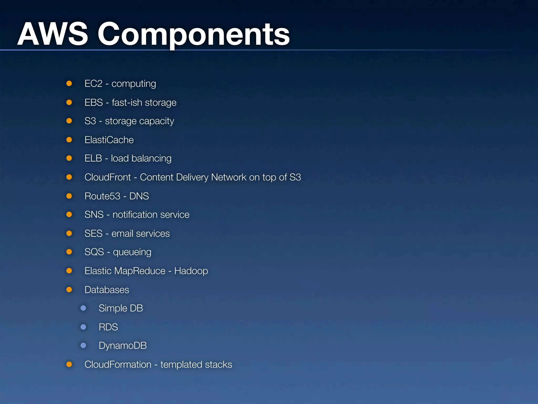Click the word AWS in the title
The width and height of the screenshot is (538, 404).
(53, 34)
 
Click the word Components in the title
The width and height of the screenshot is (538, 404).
(194, 34)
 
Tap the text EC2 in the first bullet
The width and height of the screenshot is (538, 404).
(93, 84)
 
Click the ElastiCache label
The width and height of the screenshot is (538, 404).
(109, 140)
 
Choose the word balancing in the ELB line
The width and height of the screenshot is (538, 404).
(151, 158)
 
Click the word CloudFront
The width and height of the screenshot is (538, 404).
(108, 177)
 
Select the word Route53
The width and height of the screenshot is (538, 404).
(102, 196)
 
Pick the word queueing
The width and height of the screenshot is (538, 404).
(132, 252)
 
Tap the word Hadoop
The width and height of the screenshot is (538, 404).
(191, 271)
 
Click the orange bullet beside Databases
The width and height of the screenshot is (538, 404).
(69, 290)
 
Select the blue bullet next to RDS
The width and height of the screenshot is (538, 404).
(83, 327)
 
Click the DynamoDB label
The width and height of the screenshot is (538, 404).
(123, 346)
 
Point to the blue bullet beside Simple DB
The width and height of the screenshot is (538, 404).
(83, 308)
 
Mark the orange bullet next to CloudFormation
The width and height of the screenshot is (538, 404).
(69, 364)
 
